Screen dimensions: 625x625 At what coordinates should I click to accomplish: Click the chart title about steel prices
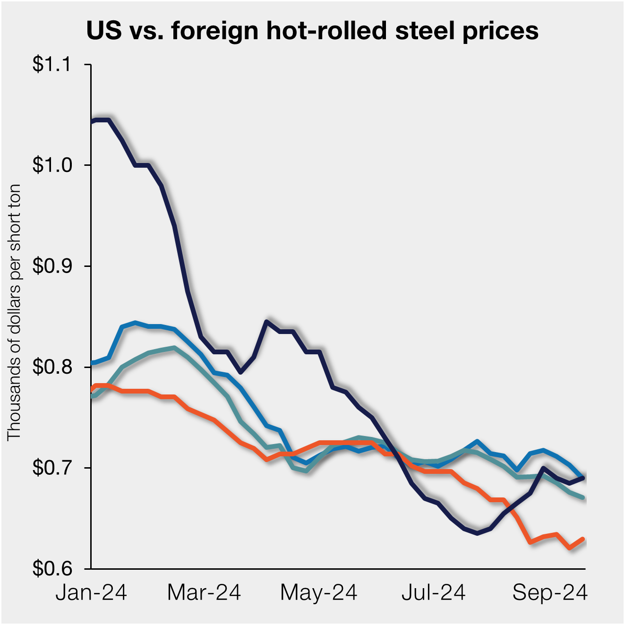coord(312,31)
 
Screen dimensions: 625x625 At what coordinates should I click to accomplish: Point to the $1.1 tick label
coord(51,64)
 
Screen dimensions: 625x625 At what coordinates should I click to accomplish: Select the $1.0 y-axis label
coord(51,165)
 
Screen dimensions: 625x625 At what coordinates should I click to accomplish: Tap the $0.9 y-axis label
coord(51,266)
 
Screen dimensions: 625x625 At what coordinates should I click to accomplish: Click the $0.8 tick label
coord(51,367)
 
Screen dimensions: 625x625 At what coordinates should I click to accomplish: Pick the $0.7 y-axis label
coord(51,468)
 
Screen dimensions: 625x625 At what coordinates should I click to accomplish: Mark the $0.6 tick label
coord(51,568)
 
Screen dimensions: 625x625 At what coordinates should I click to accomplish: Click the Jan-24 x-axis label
coord(91,592)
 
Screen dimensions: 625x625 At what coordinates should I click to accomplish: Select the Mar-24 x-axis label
coord(204,592)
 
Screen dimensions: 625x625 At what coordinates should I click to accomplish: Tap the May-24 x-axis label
coord(318,592)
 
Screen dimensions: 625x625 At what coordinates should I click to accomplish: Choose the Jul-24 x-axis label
coord(433,592)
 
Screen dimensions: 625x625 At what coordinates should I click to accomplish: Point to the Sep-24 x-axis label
coord(550,592)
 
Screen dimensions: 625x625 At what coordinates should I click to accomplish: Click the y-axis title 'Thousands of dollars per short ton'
coord(14,312)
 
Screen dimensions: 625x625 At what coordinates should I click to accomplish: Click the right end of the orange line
coord(584,539)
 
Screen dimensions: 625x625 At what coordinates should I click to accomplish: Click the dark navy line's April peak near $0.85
coord(267,322)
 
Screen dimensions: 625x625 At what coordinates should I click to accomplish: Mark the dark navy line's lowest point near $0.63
coord(477,533)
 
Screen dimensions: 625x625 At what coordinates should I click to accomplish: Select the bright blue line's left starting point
coord(92,363)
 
